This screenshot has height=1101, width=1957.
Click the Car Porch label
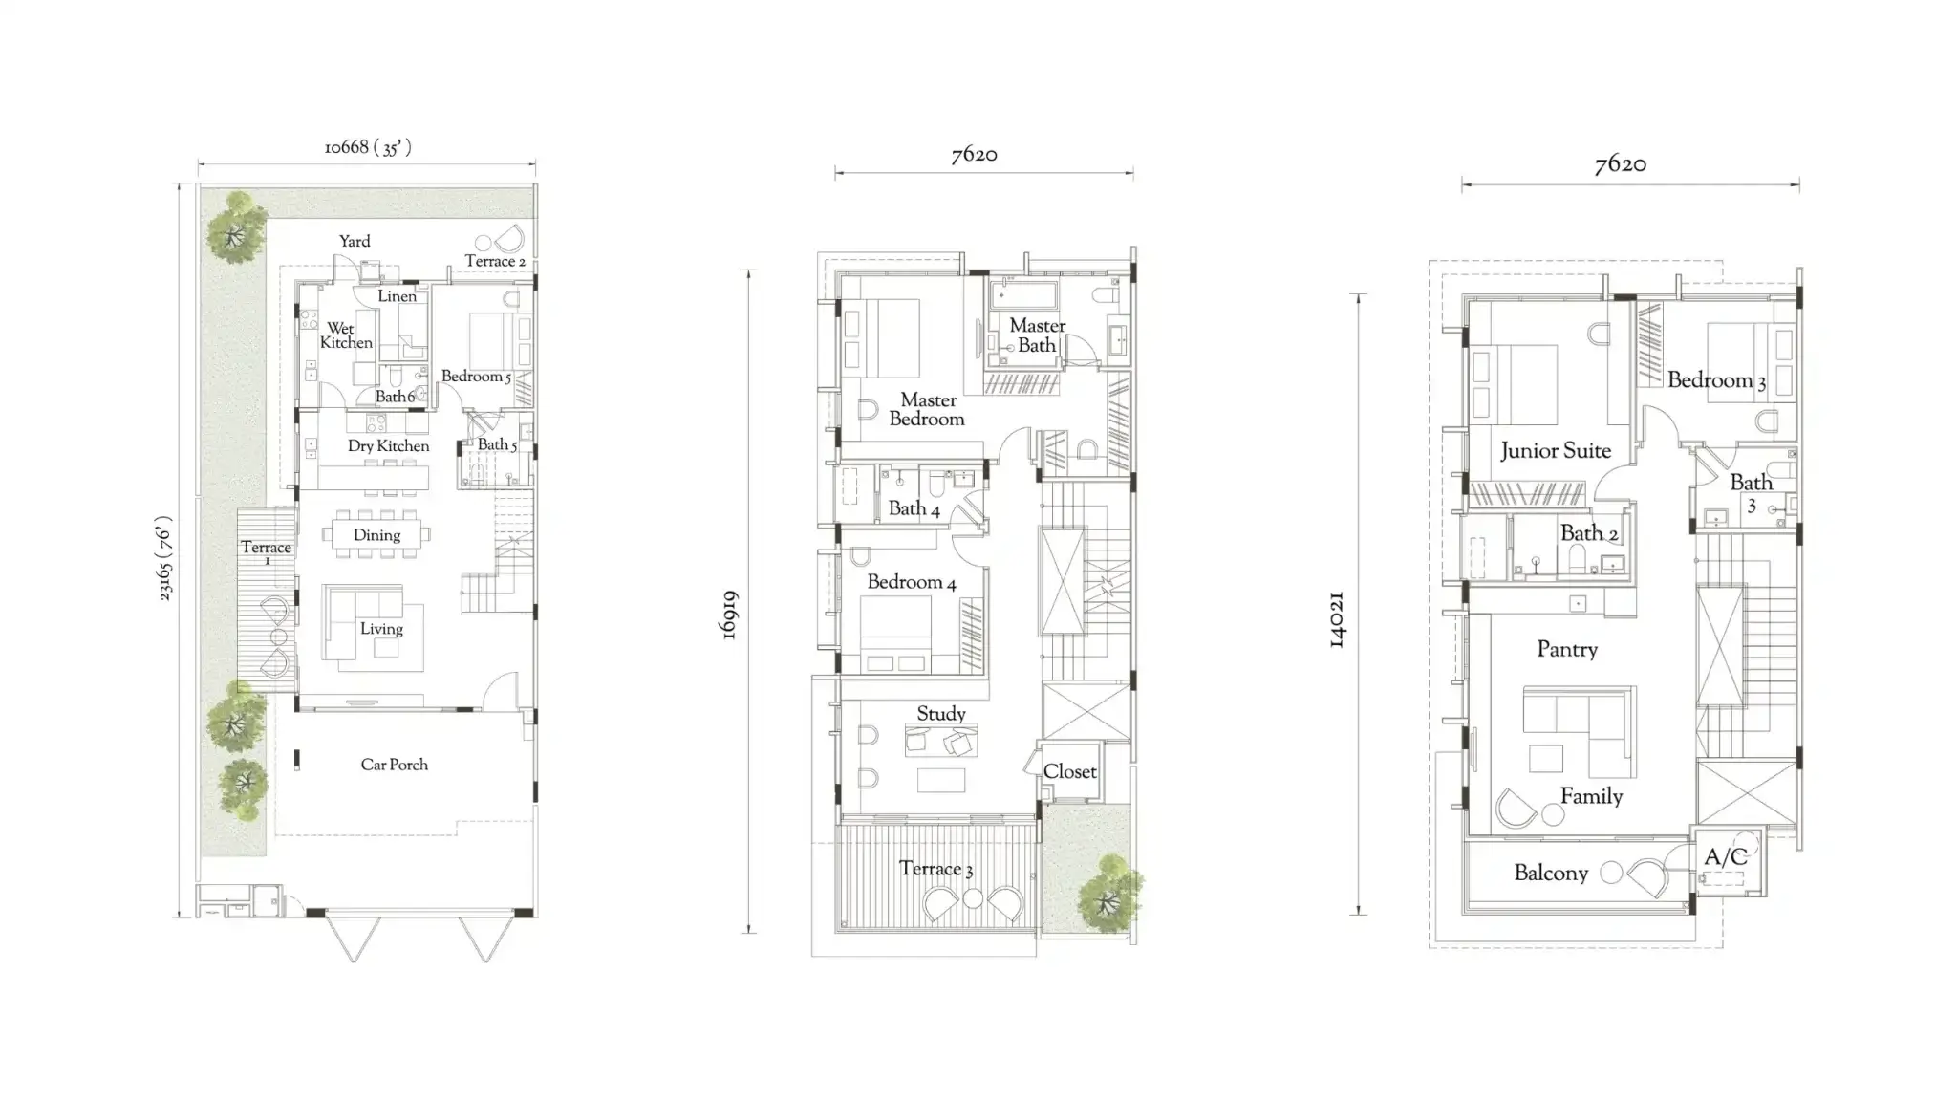click(x=394, y=765)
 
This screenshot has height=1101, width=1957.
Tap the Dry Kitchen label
click(x=388, y=446)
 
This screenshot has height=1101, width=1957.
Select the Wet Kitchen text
click(x=345, y=335)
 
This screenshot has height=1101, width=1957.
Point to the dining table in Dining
click(x=376, y=535)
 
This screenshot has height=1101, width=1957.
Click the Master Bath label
click(x=1037, y=335)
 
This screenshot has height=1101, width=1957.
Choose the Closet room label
click(x=1069, y=771)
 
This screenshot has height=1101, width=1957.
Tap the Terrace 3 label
click(x=935, y=869)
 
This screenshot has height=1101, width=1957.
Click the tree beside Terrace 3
click(x=1109, y=895)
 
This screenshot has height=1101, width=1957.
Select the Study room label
click(x=940, y=714)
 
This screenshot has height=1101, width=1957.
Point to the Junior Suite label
click(x=1555, y=451)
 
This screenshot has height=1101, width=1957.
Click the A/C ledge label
click(x=1726, y=857)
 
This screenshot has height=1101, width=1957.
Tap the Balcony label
click(x=1550, y=873)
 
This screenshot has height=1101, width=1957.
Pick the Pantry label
click(x=1566, y=650)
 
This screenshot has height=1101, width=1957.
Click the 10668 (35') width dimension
click(x=368, y=147)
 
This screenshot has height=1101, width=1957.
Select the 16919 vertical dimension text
click(x=728, y=615)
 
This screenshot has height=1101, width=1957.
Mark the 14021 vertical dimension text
click(x=1337, y=619)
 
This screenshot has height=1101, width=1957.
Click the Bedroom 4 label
click(x=911, y=582)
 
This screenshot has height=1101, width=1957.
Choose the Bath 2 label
click(x=1588, y=533)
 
